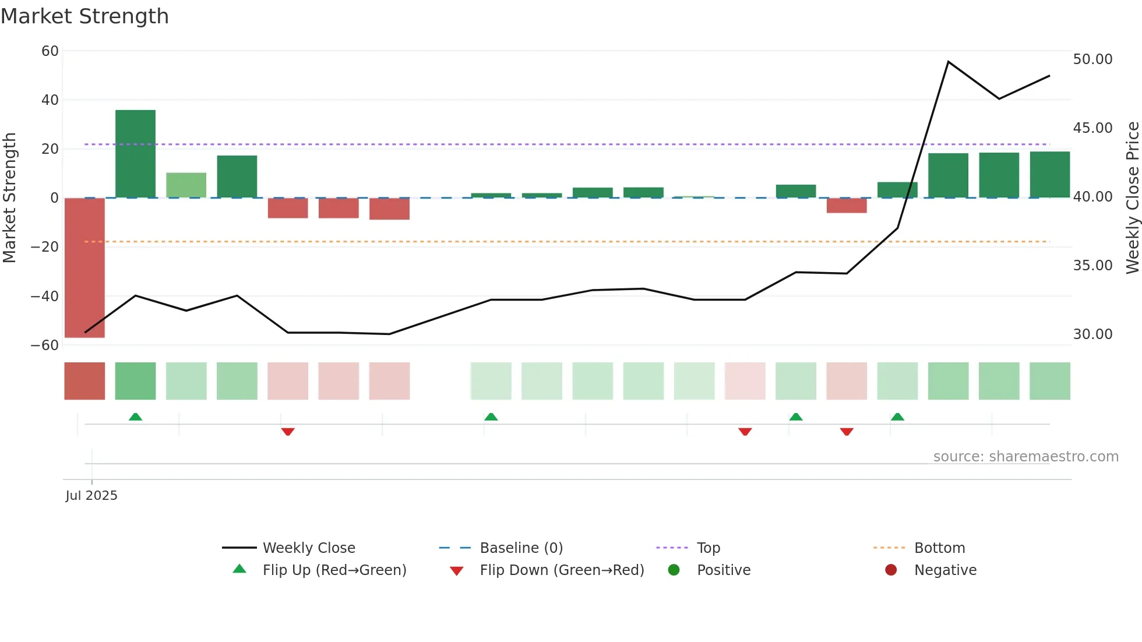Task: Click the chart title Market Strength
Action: [84, 16]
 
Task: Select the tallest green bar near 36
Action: [135, 153]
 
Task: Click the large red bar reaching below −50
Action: [84, 268]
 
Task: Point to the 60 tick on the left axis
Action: [50, 51]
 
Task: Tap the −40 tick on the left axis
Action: [45, 296]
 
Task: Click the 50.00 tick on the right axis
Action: [1092, 59]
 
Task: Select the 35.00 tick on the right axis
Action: [1092, 266]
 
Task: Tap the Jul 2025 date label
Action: [91, 496]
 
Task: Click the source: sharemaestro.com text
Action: [1025, 457]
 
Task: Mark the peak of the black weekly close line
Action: [949, 62]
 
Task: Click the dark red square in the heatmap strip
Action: [84, 381]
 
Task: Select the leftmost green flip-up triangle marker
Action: [135, 417]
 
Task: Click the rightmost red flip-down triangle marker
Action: [847, 432]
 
